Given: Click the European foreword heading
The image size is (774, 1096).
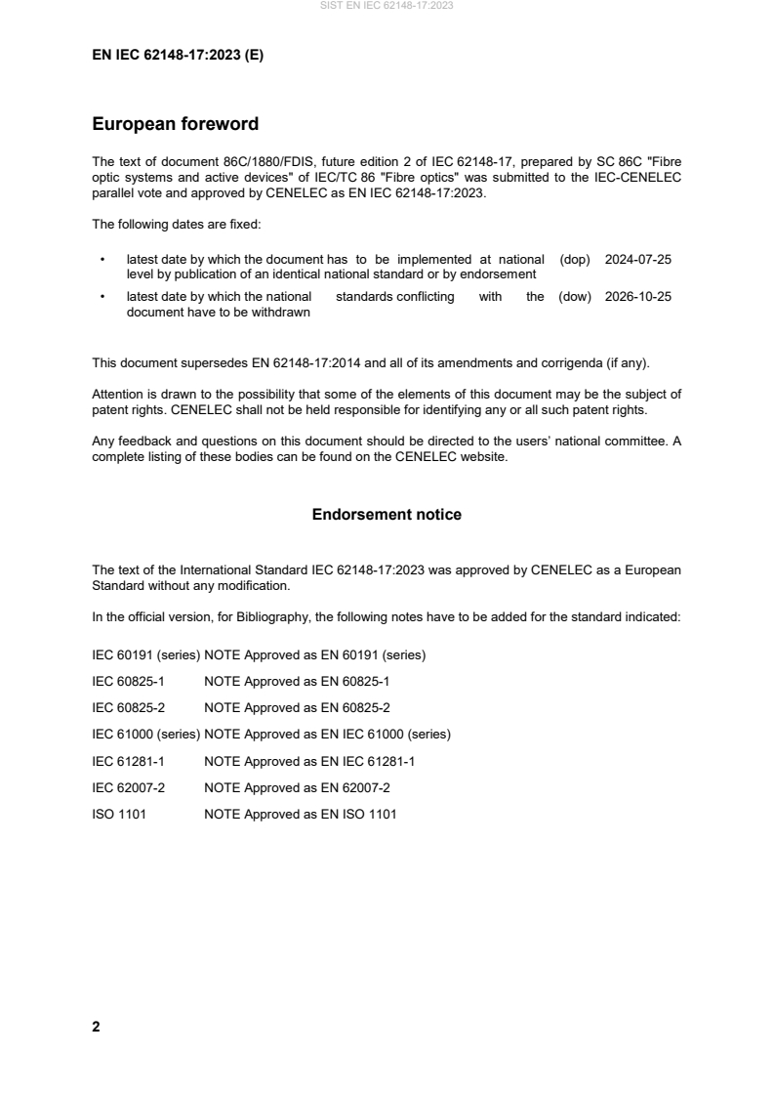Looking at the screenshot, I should (175, 124).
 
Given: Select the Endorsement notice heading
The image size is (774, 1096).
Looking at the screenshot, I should (387, 514).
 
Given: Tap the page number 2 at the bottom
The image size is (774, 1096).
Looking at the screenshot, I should (96, 1027).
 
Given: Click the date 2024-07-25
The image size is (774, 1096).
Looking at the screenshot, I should (638, 260).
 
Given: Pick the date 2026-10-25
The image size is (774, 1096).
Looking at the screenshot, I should (638, 297).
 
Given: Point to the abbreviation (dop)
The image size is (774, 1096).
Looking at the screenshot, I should (576, 260).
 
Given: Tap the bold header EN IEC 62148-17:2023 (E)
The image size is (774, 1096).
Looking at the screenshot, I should (178, 56).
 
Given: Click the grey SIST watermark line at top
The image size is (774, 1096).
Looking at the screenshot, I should (387, 6).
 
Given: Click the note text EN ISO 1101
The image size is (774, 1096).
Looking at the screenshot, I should (363, 814).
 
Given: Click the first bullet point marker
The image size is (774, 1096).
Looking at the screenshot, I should (102, 260).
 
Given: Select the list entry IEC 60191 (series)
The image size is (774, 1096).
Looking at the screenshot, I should (145, 654).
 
